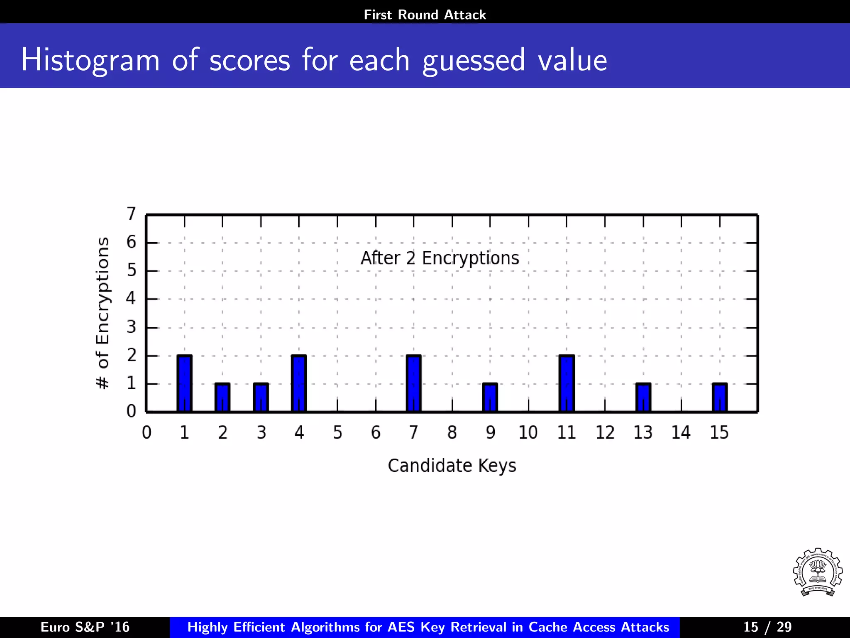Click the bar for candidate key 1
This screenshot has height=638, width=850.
pyautogui.click(x=184, y=383)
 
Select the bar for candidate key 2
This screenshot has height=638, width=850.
pyautogui.click(x=222, y=398)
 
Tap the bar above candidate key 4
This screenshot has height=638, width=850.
pyautogui.click(x=299, y=383)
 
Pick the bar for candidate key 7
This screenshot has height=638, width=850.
pyautogui.click(x=413, y=383)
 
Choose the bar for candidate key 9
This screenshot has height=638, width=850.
pyautogui.click(x=490, y=398)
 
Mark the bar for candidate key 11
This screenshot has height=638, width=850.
pyautogui.click(x=567, y=383)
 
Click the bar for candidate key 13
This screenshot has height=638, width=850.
pyautogui.click(x=643, y=398)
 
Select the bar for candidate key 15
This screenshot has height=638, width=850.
pyautogui.click(x=720, y=398)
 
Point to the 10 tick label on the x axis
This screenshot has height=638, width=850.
pyautogui.click(x=528, y=433)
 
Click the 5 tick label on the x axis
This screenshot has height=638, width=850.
pyautogui.click(x=337, y=433)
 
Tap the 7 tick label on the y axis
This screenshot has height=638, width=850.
pyautogui.click(x=131, y=214)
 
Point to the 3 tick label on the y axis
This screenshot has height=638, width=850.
pyautogui.click(x=131, y=327)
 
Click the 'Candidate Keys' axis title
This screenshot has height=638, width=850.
pyautogui.click(x=452, y=466)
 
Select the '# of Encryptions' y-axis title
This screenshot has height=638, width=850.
pyautogui.click(x=103, y=313)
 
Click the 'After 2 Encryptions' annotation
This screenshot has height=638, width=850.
pyautogui.click(x=440, y=258)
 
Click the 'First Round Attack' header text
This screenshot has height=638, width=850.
pyautogui.click(x=425, y=15)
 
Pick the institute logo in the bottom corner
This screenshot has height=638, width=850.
pyautogui.click(x=817, y=572)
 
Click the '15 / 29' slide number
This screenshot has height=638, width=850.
pyautogui.click(x=767, y=627)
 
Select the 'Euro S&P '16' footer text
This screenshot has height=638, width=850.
pyautogui.click(x=85, y=627)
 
